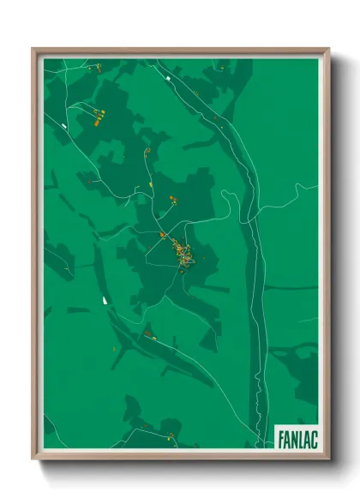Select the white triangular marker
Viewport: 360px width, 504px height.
(105, 299)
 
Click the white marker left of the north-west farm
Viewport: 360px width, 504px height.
(64, 126)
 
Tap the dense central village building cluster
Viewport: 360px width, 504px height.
(182, 254)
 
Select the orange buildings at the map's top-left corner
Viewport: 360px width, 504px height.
(98, 66)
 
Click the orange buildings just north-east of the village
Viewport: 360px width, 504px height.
(173, 199)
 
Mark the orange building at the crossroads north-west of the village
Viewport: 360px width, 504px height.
(161, 233)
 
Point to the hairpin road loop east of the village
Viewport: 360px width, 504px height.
(229, 199)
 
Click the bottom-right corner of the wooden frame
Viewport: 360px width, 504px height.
(328, 459)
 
